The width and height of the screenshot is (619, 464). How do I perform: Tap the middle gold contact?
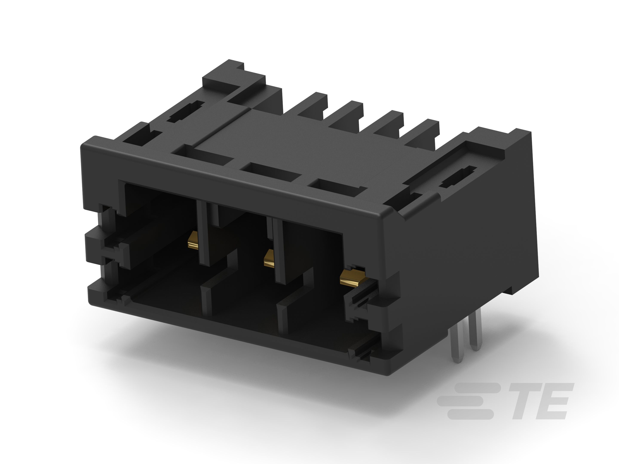[269, 258]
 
